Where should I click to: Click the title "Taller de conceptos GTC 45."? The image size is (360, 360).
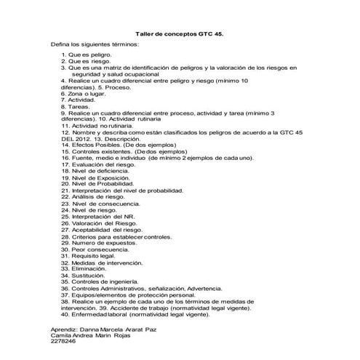point(180,34)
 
